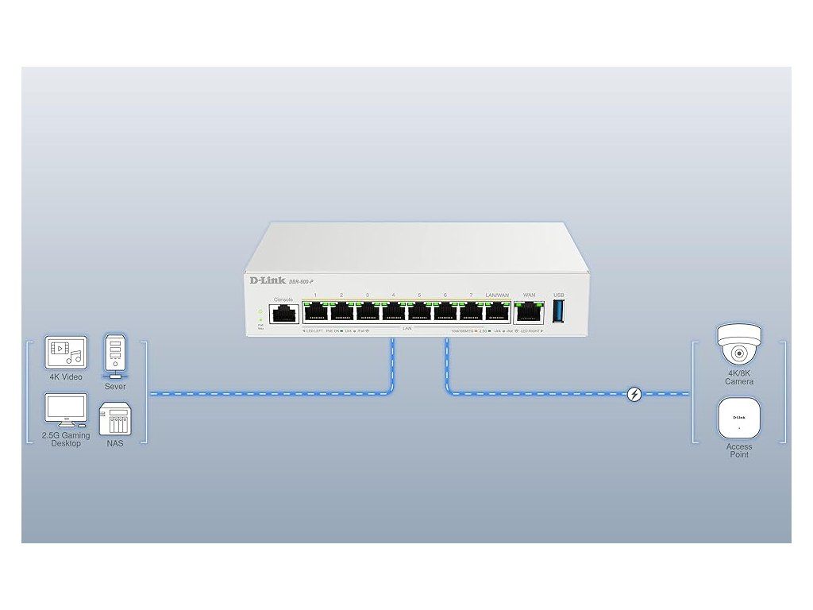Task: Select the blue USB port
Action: coord(558,311)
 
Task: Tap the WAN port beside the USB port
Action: coord(528,311)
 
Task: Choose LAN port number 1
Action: coord(316,312)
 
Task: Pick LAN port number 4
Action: coord(393,312)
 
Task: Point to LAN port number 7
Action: coord(471,312)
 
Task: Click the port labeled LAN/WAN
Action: coord(497,312)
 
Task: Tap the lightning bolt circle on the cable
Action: coord(634,393)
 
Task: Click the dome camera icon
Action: coord(738,347)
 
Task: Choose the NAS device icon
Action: coord(114,419)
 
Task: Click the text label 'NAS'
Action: coord(114,443)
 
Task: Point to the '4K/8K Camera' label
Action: coord(738,377)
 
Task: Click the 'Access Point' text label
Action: coord(738,450)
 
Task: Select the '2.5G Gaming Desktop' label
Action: coord(66,439)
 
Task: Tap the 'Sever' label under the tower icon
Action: coord(115,387)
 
